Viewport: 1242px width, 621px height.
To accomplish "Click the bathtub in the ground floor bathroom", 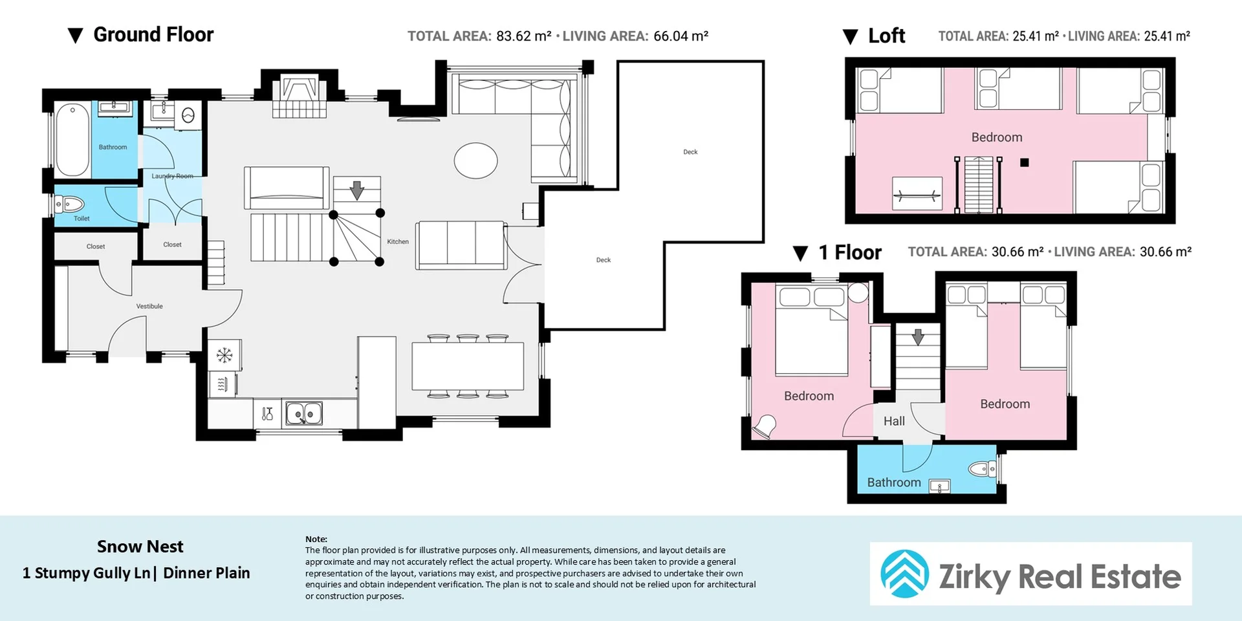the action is pyautogui.click(x=72, y=140).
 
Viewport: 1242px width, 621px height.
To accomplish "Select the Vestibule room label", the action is pyautogui.click(x=149, y=306).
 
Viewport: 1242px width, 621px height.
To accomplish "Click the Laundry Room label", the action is pyautogui.click(x=172, y=176).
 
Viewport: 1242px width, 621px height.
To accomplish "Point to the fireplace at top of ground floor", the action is pyautogui.click(x=299, y=96).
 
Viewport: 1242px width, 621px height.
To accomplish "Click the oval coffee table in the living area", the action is pyautogui.click(x=475, y=160).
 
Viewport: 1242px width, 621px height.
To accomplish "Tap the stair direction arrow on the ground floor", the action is pyautogui.click(x=356, y=191).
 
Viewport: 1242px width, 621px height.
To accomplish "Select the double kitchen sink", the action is pyautogui.click(x=304, y=413).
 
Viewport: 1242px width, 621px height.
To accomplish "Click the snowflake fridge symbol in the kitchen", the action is pyautogui.click(x=224, y=355).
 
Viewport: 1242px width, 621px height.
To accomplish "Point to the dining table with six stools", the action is pyautogui.click(x=468, y=366).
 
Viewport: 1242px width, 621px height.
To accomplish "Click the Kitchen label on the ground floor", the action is pyautogui.click(x=398, y=242).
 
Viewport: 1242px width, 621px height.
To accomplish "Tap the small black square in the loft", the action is pyautogui.click(x=1024, y=162).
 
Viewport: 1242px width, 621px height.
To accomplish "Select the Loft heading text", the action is pyautogui.click(x=886, y=36).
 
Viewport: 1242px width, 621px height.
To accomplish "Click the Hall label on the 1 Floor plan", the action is pyautogui.click(x=894, y=421).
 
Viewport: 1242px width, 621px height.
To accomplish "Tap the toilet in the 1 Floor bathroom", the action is pyautogui.click(x=983, y=468).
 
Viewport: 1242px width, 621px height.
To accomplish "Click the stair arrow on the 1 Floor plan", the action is pyautogui.click(x=918, y=337).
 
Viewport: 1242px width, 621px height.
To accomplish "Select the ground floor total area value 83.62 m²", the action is pyautogui.click(x=524, y=36).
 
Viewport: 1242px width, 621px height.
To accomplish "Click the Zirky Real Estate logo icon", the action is pyautogui.click(x=904, y=574).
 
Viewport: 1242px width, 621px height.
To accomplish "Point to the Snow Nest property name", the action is pyautogui.click(x=140, y=547).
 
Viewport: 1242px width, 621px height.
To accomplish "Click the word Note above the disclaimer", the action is pyautogui.click(x=316, y=539).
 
